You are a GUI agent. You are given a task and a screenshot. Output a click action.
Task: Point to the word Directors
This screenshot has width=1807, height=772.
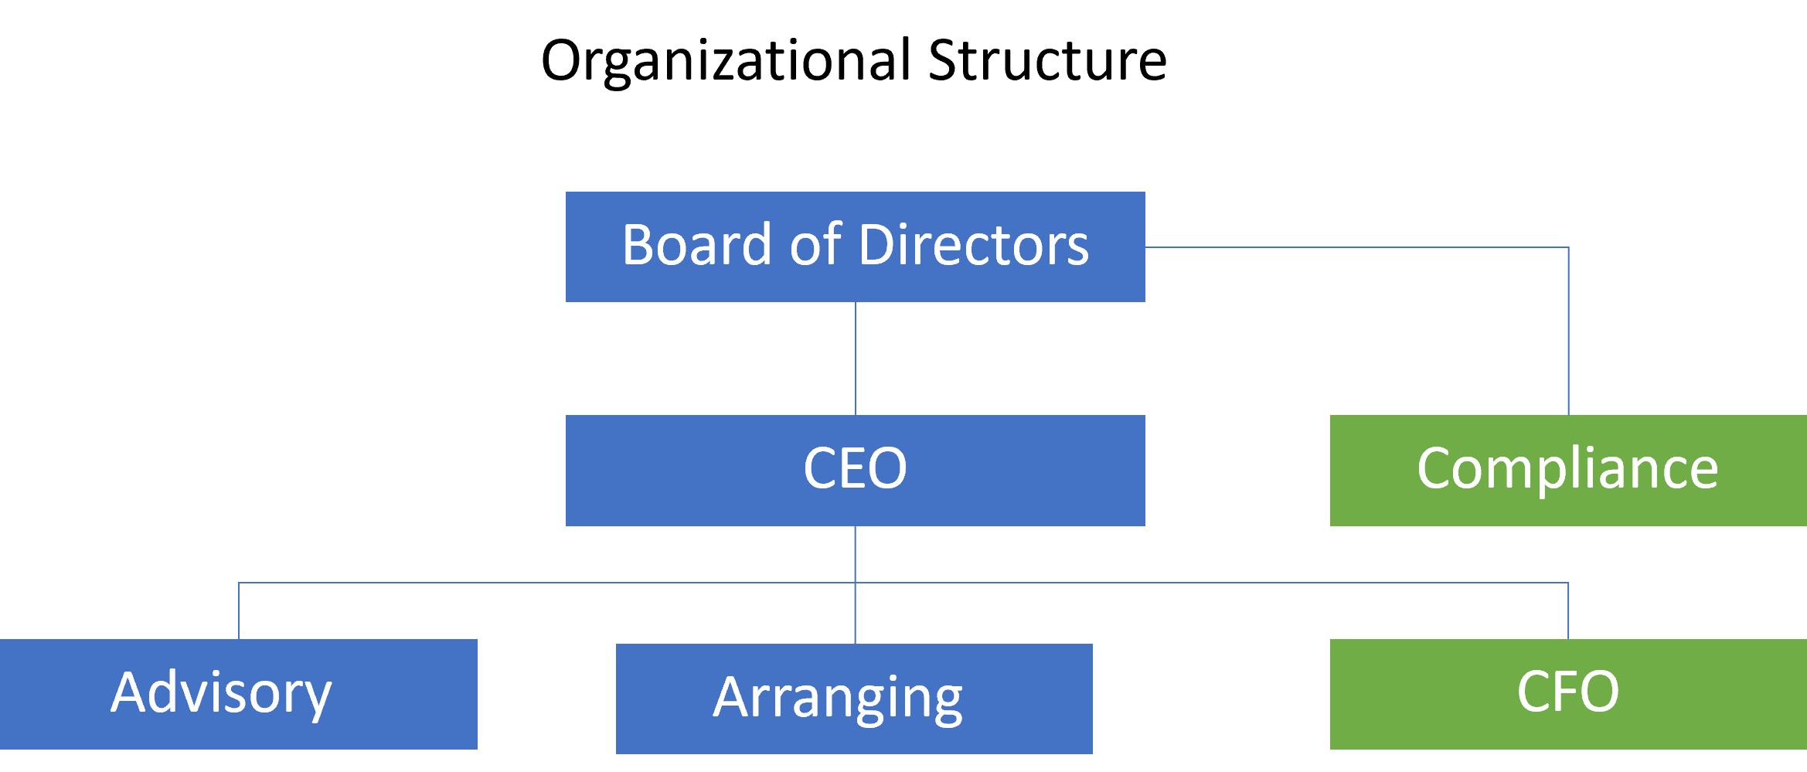point(974,245)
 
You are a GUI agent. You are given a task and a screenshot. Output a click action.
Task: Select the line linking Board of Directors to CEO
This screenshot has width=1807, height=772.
point(856,359)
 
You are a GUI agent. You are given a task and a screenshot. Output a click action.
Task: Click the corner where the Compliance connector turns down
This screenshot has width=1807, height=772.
point(1568,247)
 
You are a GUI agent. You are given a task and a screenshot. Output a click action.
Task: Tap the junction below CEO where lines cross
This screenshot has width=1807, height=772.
point(856,583)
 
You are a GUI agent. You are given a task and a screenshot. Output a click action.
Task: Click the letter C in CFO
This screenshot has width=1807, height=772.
point(1533,692)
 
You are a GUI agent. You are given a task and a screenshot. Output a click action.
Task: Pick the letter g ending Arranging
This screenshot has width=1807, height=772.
point(945,700)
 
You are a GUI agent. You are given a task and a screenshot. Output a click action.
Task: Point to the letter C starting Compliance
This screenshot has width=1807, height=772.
point(1436,468)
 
